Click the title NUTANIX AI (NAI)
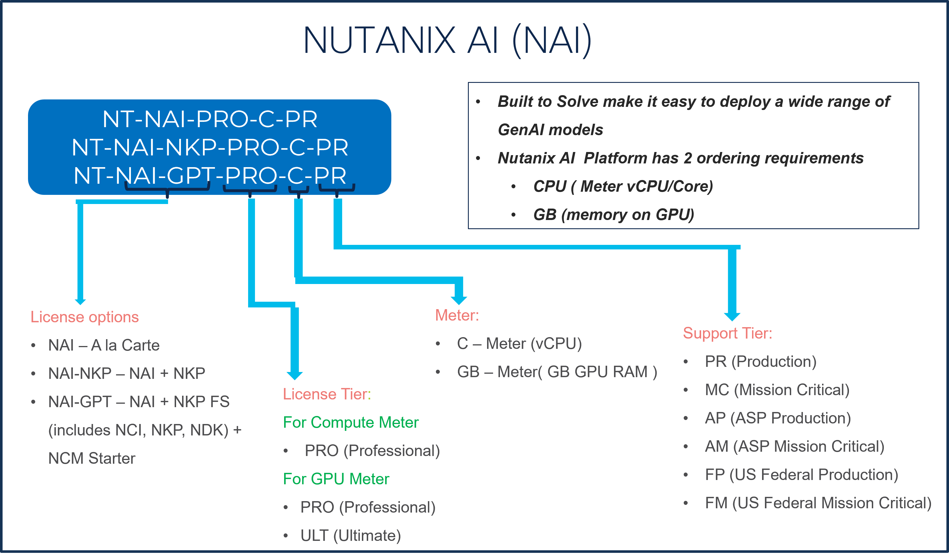pyautogui.click(x=447, y=40)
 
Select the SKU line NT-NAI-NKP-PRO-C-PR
pyautogui.click(x=210, y=147)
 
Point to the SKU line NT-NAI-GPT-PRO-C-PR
pyautogui.click(x=210, y=175)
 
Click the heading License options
pyautogui.click(x=84, y=317)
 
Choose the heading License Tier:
pyautogui.click(x=326, y=394)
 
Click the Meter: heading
pyautogui.click(x=457, y=315)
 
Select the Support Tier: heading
pyautogui.click(x=727, y=333)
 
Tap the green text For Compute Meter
pyautogui.click(x=351, y=422)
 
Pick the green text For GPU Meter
pyautogui.click(x=336, y=479)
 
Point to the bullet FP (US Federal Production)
pyautogui.click(x=802, y=475)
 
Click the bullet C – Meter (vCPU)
pyautogui.click(x=519, y=343)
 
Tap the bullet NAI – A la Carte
pyautogui.click(x=104, y=345)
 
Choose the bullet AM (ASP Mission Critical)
pyautogui.click(x=795, y=446)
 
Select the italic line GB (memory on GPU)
pyautogui.click(x=613, y=215)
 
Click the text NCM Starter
pyautogui.click(x=91, y=458)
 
